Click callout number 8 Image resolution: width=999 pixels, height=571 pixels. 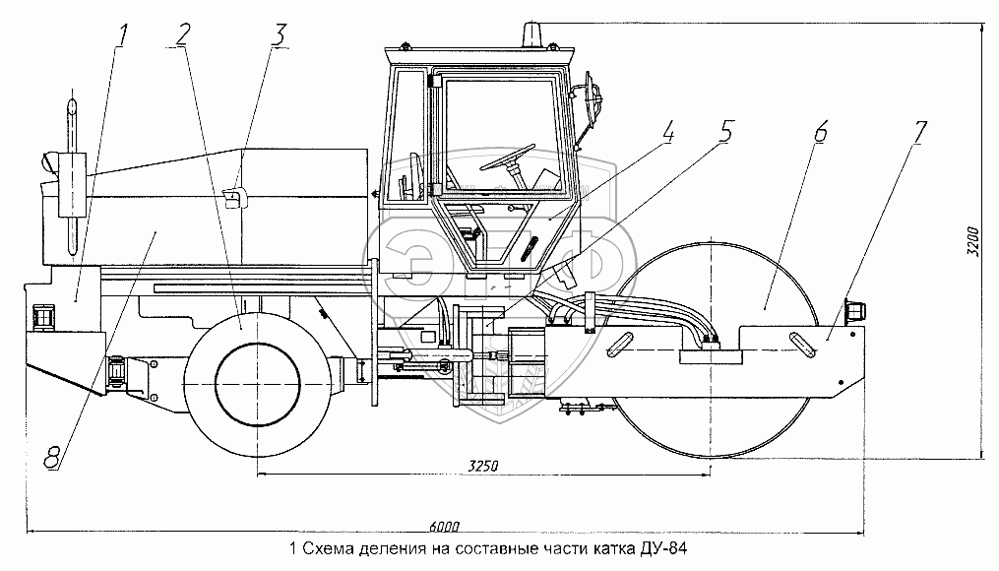click(52, 456)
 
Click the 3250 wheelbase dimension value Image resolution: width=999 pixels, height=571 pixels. click(482, 465)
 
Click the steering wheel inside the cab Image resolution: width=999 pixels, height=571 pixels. click(508, 159)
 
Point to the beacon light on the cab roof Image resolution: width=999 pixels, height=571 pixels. click(534, 35)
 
